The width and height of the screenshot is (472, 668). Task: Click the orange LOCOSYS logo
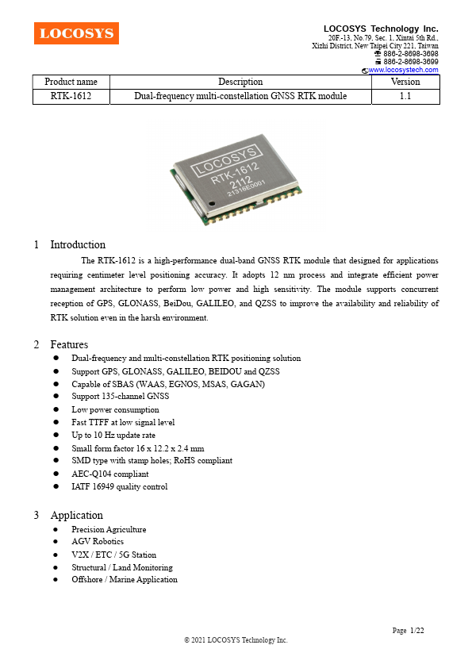(76, 33)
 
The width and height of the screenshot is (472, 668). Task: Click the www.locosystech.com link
(404, 70)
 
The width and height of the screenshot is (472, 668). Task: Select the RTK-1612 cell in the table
(71, 96)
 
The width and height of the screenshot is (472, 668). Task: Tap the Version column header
(405, 82)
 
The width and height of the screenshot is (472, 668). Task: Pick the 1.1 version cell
(405, 96)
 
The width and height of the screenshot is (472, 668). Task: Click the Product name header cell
(71, 82)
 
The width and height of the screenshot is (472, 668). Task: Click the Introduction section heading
(78, 244)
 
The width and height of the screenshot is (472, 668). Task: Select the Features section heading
(69, 344)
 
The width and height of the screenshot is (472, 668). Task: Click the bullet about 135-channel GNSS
(120, 397)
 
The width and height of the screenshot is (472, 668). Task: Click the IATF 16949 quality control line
(119, 486)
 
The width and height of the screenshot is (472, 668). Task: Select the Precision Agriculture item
(109, 529)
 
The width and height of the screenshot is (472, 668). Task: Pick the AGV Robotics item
(98, 542)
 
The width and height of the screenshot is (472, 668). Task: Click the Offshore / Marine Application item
(124, 580)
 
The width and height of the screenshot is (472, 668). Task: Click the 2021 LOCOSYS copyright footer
(236, 639)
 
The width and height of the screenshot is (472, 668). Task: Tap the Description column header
(240, 82)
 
